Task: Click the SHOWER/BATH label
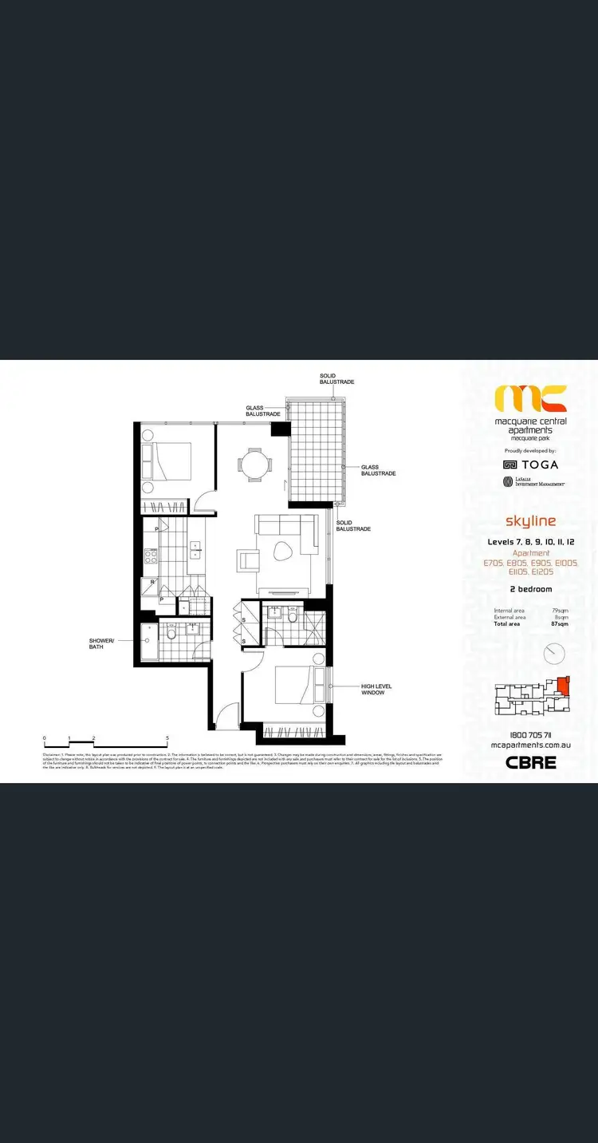point(101,643)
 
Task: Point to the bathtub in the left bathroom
point(148,642)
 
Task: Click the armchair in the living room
point(248,560)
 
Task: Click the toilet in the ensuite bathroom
point(293,616)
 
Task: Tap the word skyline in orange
point(530,521)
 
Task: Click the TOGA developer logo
point(531,464)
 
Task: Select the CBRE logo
point(531,761)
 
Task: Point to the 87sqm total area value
point(561,623)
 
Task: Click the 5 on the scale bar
point(167,738)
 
